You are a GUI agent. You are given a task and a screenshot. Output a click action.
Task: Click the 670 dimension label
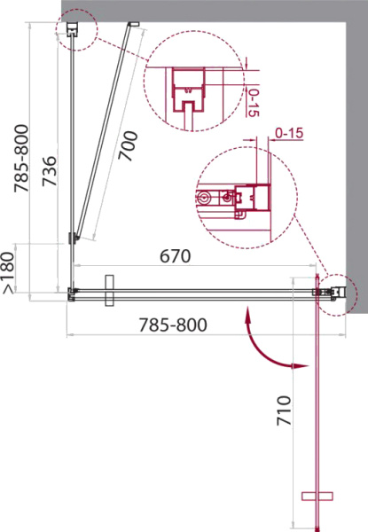click(175, 256)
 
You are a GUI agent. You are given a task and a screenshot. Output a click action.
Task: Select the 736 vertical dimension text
click(49, 171)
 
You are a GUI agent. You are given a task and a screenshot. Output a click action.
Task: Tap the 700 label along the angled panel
click(128, 146)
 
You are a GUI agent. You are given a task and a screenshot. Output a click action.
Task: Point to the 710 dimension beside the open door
click(284, 411)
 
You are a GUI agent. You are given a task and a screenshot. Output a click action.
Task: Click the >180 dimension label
click(9, 273)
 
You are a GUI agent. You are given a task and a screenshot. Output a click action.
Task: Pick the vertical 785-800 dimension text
click(21, 159)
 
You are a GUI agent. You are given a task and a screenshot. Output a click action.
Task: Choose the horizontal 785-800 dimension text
click(173, 325)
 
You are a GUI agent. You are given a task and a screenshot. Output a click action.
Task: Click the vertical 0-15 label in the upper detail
click(254, 103)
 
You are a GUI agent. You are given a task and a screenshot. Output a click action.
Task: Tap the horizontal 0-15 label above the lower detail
click(289, 133)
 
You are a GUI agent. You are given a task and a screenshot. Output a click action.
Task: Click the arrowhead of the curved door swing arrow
click(301, 366)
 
